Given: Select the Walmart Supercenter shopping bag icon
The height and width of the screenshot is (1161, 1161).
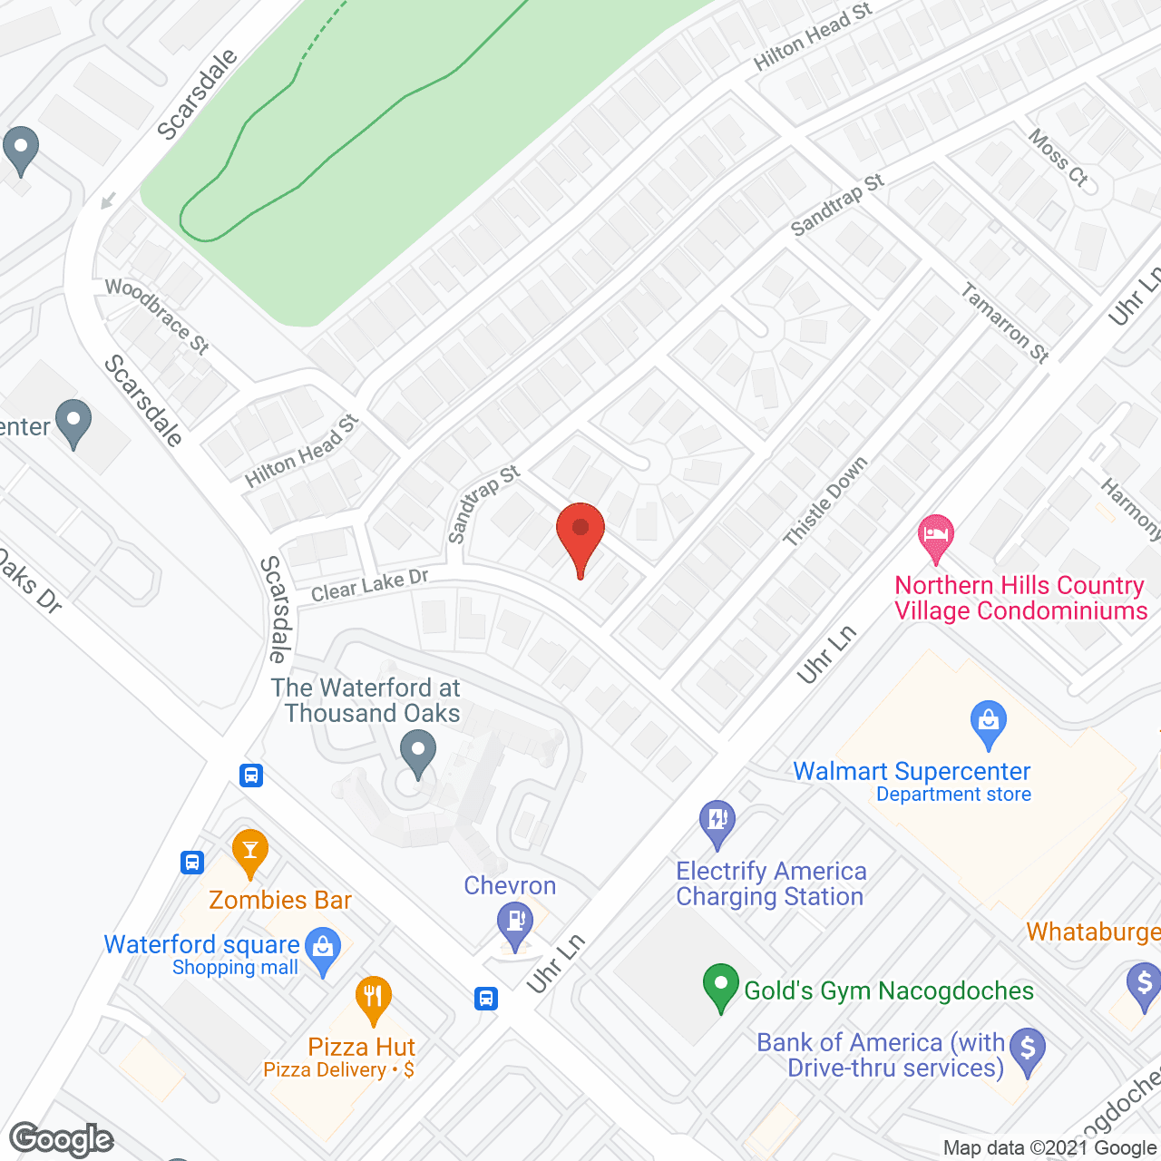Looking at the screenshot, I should point(988,723).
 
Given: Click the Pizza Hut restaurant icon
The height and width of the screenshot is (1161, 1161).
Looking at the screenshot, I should point(373,999).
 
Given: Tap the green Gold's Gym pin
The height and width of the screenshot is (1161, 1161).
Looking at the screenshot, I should point(721,986).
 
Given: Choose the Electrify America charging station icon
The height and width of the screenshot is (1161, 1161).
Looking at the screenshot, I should point(717,823).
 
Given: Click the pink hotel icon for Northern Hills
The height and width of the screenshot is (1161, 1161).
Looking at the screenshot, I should point(936,537).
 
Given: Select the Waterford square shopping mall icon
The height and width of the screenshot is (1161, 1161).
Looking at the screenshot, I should point(322,950).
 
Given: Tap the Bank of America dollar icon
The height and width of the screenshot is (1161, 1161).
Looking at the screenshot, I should point(1028,1050).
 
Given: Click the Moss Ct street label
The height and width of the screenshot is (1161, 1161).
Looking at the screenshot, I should point(1058,157).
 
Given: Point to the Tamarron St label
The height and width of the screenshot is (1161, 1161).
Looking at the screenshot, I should point(1005,323).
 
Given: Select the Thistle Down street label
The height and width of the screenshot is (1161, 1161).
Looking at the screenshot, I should point(825,502).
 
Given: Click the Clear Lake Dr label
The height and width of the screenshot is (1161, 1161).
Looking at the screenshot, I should point(369,585).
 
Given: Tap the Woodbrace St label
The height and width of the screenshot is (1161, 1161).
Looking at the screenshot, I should point(158,315).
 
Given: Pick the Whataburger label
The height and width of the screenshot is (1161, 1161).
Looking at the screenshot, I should point(1093,932).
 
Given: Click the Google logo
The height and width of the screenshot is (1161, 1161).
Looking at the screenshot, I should point(62,1139).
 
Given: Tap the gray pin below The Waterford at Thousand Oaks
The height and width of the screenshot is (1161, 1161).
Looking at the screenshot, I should point(418,755).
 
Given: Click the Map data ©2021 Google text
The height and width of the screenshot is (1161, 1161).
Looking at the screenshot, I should point(1049,1148).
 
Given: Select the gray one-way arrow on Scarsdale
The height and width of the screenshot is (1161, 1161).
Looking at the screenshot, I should point(108,200).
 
